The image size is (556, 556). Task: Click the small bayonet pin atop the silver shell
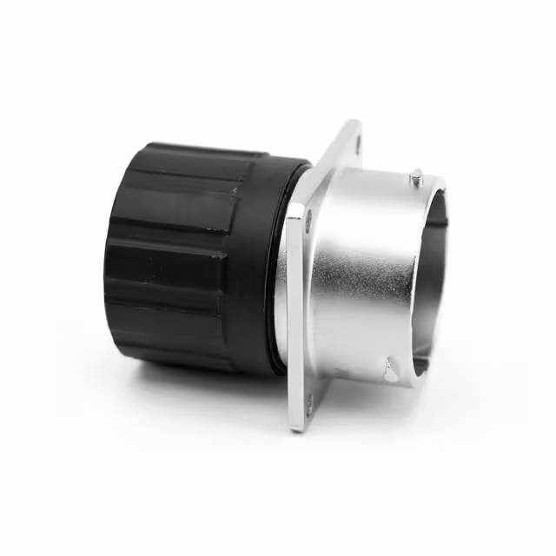point(417,179)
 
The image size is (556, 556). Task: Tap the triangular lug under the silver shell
point(391,372)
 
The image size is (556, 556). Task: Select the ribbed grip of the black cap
point(174,261)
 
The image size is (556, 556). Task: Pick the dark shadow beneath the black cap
point(217,382)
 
